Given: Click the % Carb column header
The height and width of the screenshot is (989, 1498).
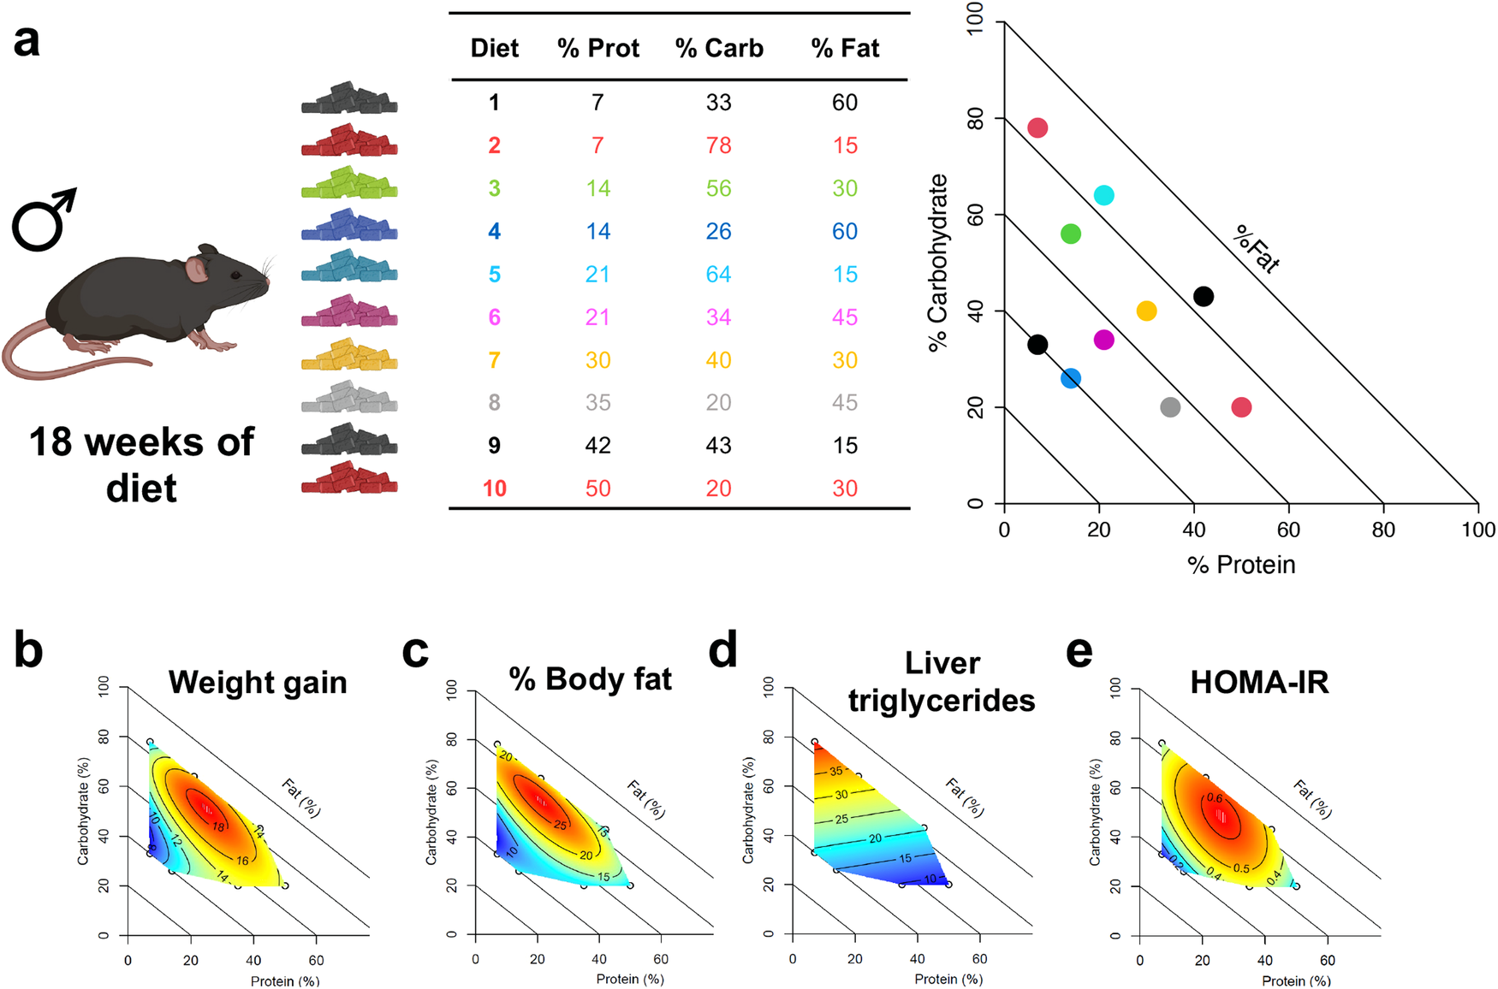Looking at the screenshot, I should pos(718,48).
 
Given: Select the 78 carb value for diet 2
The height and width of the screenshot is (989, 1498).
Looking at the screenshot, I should pos(718,145).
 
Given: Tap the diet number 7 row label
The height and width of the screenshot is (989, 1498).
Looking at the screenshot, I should pos(494,360).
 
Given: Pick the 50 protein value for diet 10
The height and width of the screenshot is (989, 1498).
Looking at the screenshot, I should pos(597,489).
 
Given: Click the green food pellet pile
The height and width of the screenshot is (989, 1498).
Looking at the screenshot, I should pos(349,184).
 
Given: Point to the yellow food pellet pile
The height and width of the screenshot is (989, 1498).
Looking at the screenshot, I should pos(349,355).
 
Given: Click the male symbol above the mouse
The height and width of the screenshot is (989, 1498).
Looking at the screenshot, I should pos(43,221).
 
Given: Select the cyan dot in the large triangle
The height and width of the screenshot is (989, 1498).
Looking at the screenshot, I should pos(1104,195).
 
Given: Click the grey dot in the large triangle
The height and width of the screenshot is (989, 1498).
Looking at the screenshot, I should pos(1170,407).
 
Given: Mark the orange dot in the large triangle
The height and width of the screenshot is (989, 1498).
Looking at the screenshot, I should pos(1146,311).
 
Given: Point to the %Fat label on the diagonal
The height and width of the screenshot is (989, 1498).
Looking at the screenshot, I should pos(1257,249).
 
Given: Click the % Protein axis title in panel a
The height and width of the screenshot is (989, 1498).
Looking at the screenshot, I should pos(1241,565).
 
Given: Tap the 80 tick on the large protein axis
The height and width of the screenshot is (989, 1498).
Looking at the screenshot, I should pos(1383,530).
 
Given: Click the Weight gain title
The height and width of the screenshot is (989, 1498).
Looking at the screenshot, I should pos(258,683).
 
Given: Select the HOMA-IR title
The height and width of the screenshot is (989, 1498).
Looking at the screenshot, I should pos(1259,683).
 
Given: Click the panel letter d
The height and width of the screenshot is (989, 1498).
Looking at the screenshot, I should pos(723,651).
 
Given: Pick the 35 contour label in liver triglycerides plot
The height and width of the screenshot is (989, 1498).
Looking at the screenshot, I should pos(835,771).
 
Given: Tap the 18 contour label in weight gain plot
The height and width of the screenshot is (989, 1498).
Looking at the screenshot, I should pos(218,826).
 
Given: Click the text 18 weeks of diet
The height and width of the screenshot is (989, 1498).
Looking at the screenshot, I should pos(141,465).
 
